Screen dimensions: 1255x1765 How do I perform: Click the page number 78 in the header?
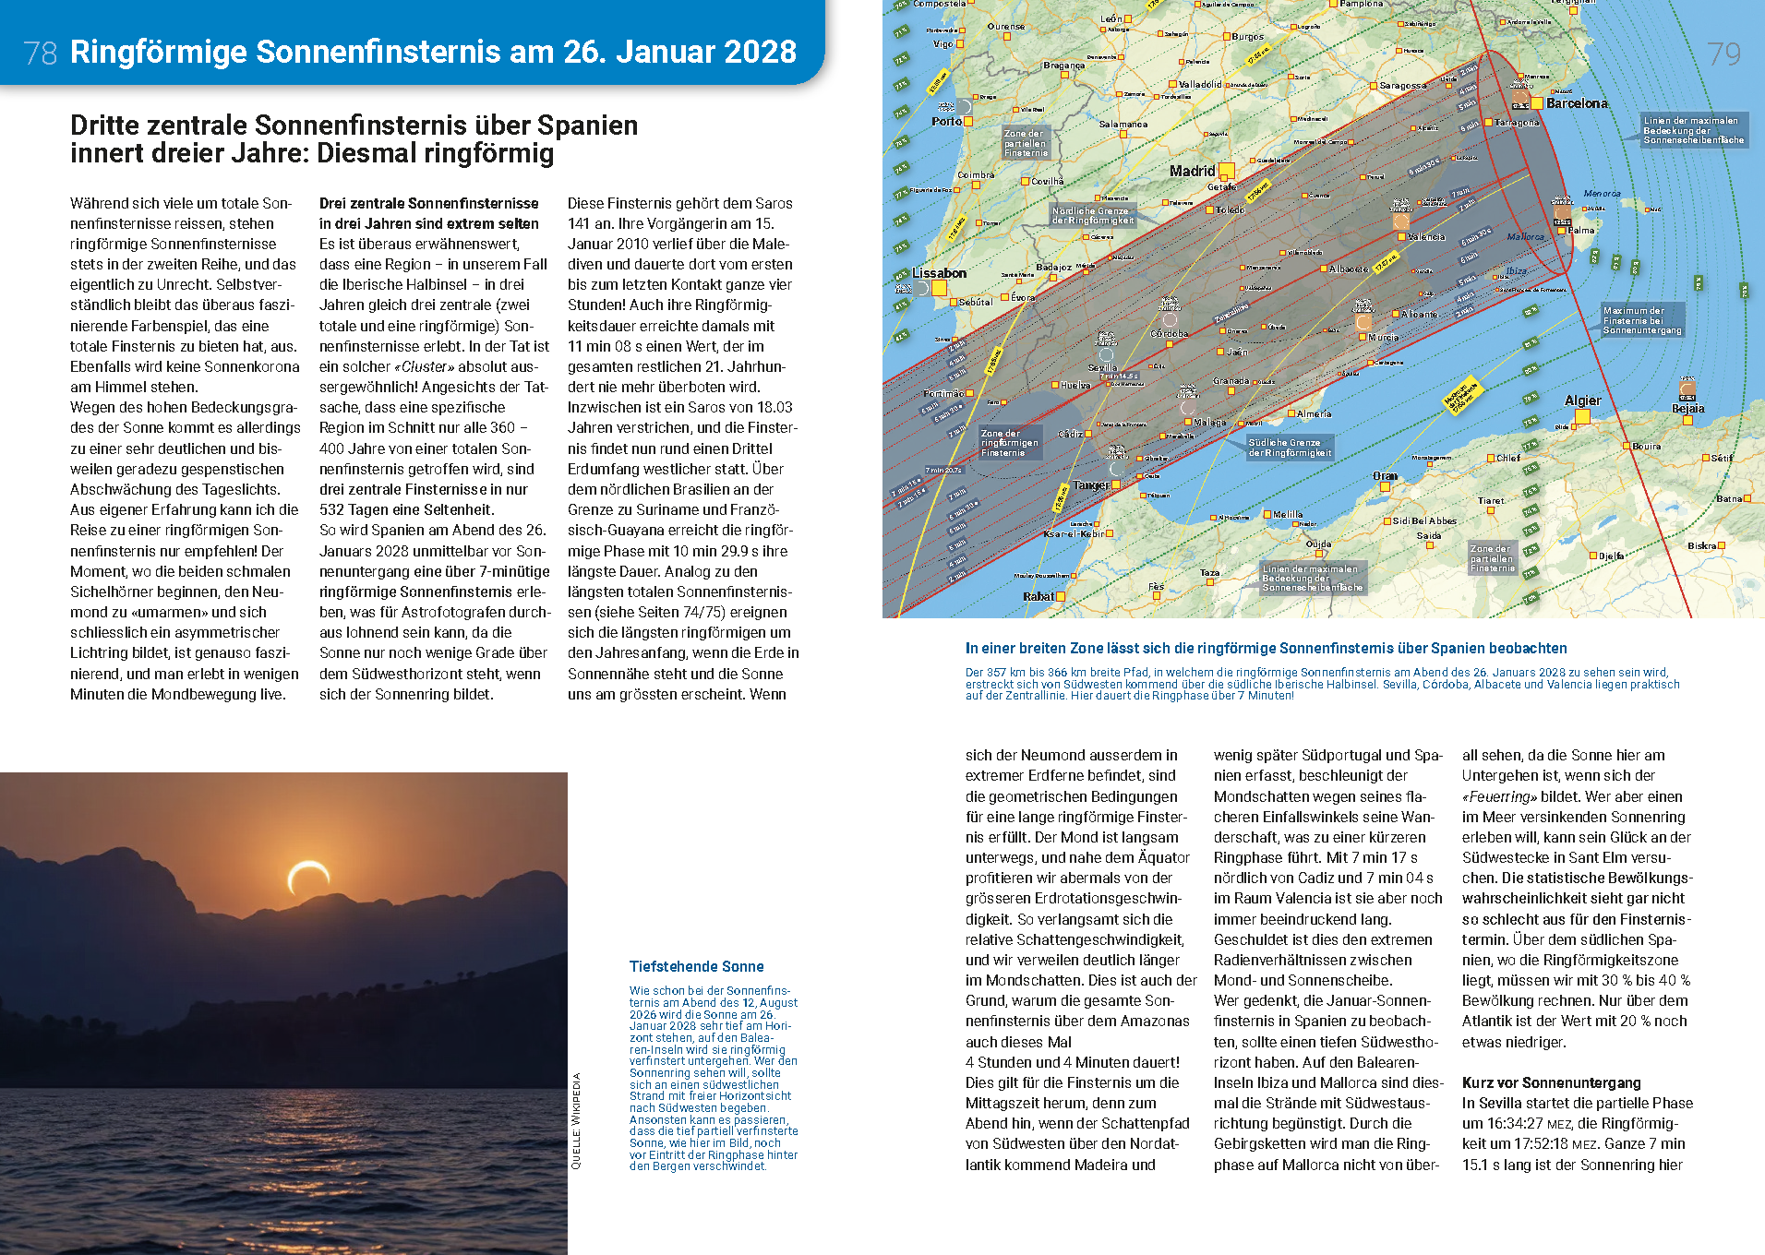(x=41, y=53)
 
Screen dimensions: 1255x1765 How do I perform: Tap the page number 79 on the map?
(x=1723, y=54)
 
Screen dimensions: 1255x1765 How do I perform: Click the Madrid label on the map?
(x=1192, y=171)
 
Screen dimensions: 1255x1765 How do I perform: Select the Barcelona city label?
(x=1577, y=103)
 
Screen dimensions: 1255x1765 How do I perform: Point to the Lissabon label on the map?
(x=939, y=273)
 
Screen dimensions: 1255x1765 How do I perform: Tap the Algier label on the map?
(x=1582, y=400)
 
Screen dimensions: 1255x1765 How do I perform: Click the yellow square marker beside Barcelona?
(x=1537, y=102)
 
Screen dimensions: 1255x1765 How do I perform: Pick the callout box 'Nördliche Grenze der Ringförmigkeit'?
(x=1092, y=215)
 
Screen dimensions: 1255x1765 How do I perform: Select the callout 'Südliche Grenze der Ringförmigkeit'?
(x=1290, y=448)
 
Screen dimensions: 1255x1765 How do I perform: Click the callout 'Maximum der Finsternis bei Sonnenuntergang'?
(x=1642, y=320)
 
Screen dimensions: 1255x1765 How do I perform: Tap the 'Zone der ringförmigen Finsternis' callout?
(x=1009, y=443)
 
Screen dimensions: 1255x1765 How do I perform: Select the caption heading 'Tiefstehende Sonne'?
(x=696, y=966)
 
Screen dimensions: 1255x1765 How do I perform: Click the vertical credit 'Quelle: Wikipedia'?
(x=576, y=1120)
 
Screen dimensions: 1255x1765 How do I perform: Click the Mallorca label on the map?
(x=1525, y=237)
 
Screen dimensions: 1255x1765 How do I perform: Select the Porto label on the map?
(x=946, y=121)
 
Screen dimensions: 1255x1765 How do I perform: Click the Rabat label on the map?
(x=1038, y=596)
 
